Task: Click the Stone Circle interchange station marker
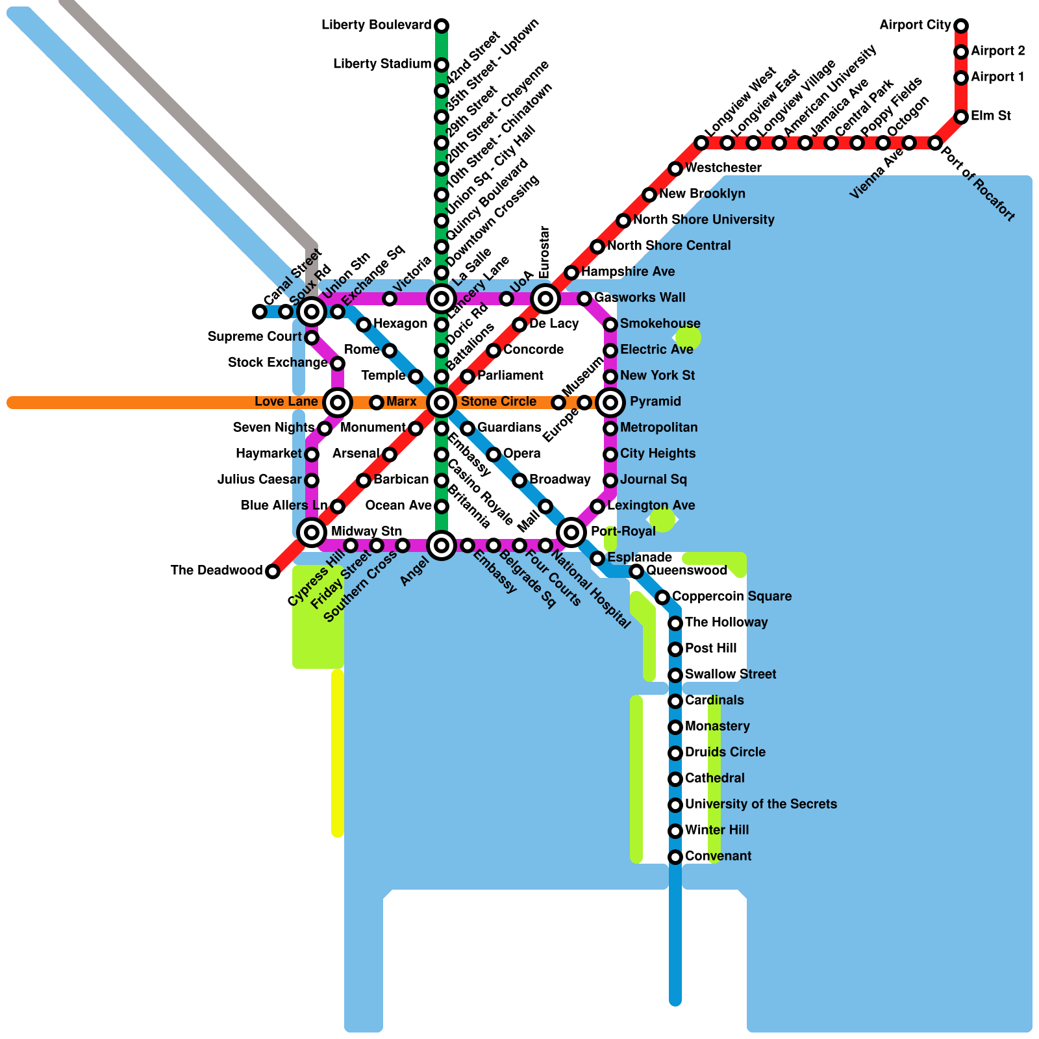coord(442,403)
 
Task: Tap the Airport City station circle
coord(961,26)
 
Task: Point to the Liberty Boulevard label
coord(377,25)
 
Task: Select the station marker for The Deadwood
coord(273,571)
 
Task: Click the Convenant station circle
coord(675,857)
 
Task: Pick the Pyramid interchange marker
coord(610,403)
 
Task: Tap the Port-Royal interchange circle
coord(571,532)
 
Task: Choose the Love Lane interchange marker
coord(338,403)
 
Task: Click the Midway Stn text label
coord(366,531)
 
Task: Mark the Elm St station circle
coord(961,117)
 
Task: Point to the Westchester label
coord(723,168)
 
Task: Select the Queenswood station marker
coord(636,571)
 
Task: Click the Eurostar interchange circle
coord(545,299)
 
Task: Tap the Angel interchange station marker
coord(442,545)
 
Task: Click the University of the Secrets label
coord(760,804)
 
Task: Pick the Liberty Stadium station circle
coord(442,65)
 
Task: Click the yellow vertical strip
coord(338,753)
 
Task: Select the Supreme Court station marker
coord(312,338)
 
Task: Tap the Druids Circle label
coord(725,752)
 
